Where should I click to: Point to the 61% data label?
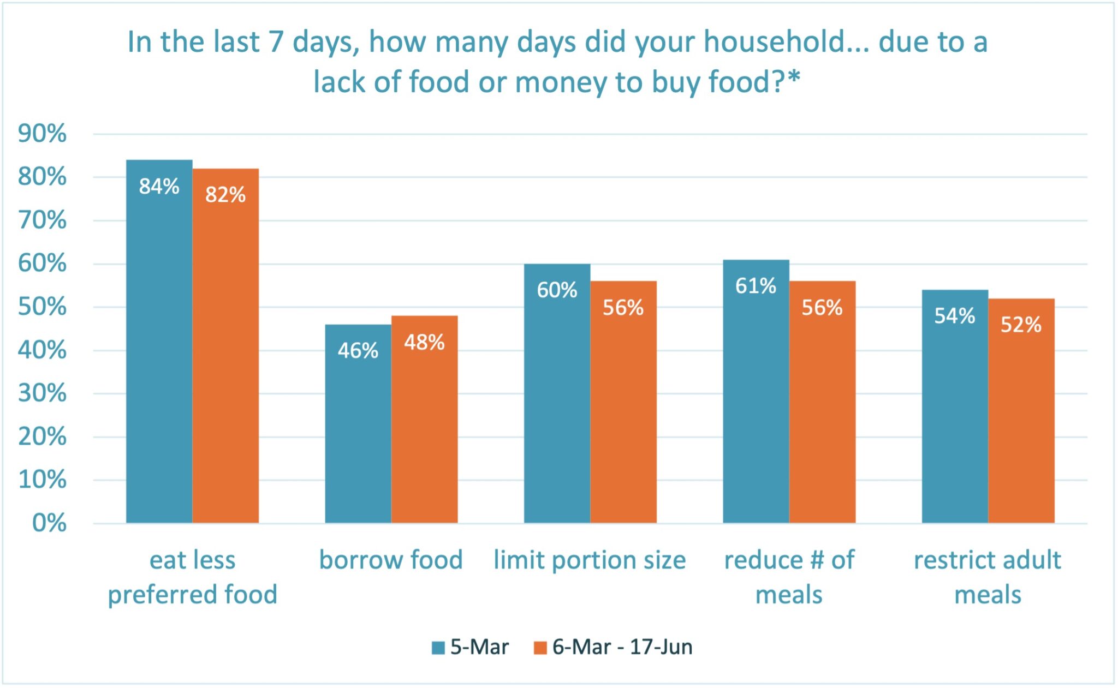click(756, 285)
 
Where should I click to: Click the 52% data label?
click(1020, 325)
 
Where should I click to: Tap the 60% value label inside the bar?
click(557, 290)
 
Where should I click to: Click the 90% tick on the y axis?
click(42, 134)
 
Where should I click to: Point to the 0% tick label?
click(49, 523)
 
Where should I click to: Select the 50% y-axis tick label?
click(42, 307)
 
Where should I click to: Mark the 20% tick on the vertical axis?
click(42, 436)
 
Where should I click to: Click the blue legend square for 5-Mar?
click(438, 648)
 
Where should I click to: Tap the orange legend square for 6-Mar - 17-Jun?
click(540, 648)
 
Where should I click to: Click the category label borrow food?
click(391, 560)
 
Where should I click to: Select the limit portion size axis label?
click(590, 560)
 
